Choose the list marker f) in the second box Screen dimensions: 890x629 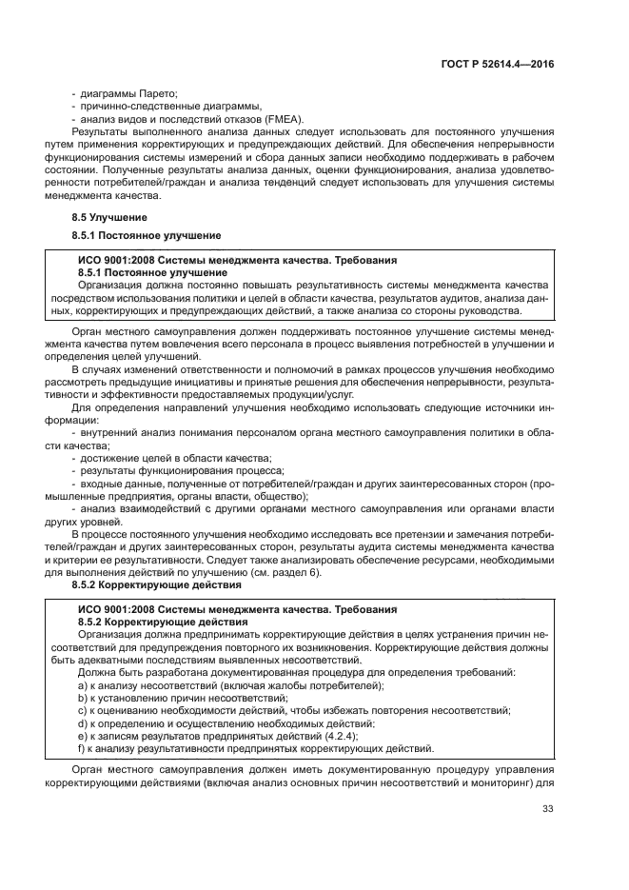click(83, 747)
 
